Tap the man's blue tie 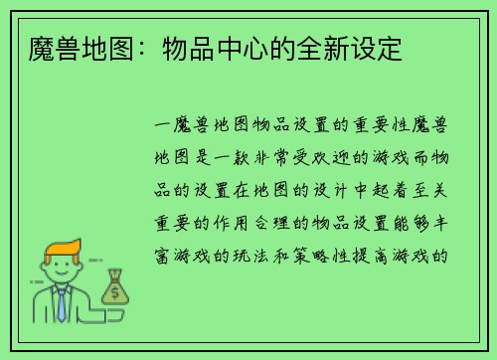pyautogui.click(x=62, y=304)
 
